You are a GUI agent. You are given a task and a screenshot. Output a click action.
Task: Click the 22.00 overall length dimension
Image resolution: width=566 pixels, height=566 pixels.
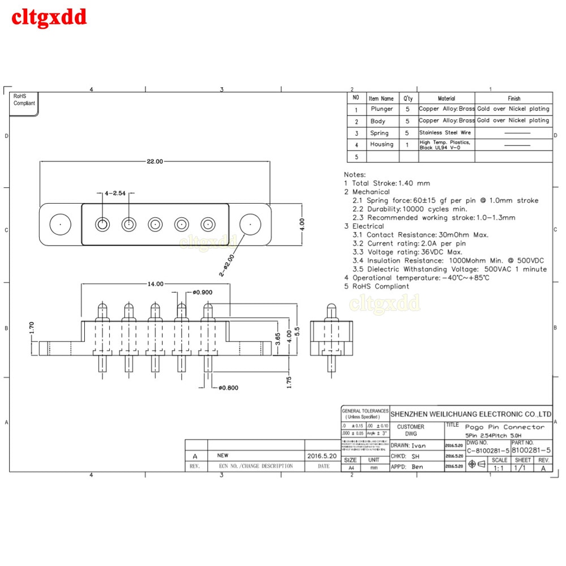coord(155,161)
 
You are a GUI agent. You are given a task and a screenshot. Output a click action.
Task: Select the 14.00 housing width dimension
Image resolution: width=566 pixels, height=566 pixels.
coord(156,284)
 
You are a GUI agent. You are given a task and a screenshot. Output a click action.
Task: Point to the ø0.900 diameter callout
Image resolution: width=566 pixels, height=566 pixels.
coord(203,292)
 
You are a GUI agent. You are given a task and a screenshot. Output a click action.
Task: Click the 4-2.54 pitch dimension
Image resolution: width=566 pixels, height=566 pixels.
coord(115,194)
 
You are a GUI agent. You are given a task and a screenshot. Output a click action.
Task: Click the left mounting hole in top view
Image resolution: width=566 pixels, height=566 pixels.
coord(59,224)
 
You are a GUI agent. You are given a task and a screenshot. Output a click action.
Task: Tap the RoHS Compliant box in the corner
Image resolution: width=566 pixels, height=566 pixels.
coord(24,100)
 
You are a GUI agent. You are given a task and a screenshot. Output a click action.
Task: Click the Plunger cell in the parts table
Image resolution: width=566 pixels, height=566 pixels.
coord(381,109)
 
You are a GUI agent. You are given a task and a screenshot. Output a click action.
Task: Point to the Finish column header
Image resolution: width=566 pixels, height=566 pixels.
coord(514,98)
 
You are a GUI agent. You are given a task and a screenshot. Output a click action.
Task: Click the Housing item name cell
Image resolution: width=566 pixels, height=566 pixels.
coord(381,144)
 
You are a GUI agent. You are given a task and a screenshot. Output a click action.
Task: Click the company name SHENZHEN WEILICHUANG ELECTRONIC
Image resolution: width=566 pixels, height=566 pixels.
coord(471,414)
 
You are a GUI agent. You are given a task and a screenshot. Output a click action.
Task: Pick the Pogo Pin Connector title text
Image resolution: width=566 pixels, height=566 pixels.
coord(505,427)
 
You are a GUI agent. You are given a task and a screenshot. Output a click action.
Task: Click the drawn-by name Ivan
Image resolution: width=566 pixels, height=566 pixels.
coord(418,445)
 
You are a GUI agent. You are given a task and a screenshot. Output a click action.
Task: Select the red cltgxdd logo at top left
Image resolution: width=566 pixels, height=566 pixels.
coord(49,17)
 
